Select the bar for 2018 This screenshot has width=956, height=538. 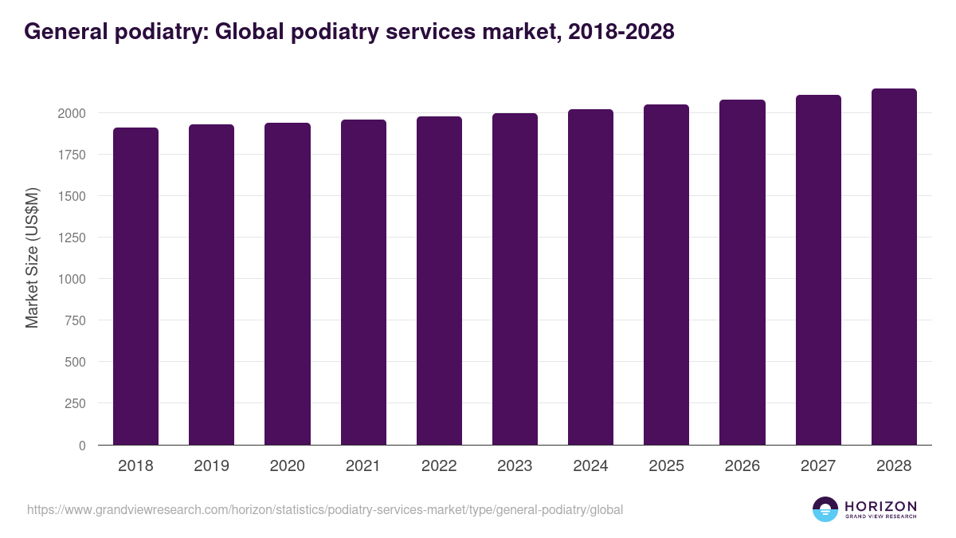pyautogui.click(x=135, y=286)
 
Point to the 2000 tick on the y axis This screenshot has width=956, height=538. pyautogui.click(x=72, y=113)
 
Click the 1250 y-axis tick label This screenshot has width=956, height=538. pyautogui.click(x=72, y=238)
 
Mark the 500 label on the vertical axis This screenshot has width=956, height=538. pyautogui.click(x=76, y=362)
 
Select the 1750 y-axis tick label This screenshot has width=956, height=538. pyautogui.click(x=72, y=155)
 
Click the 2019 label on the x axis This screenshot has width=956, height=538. pyautogui.click(x=211, y=466)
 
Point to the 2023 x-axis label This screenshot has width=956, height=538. pyautogui.click(x=515, y=466)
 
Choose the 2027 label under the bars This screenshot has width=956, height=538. pyautogui.click(x=818, y=466)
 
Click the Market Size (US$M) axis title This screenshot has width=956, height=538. pyautogui.click(x=32, y=257)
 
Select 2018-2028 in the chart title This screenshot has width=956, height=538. pyautogui.click(x=621, y=32)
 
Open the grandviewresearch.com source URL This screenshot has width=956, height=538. pyautogui.click(x=325, y=509)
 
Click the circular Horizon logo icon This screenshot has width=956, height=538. pyautogui.click(x=825, y=509)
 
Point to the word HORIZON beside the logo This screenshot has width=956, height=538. pyautogui.click(x=880, y=505)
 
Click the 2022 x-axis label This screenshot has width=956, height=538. pyautogui.click(x=439, y=466)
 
